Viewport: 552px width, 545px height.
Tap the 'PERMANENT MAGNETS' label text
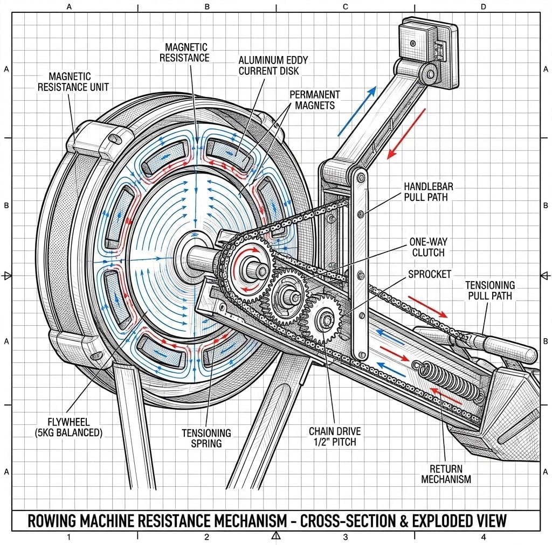pos(315,100)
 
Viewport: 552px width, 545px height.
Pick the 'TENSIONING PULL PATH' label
pos(490,290)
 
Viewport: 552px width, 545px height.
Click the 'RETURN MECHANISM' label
pos(446,474)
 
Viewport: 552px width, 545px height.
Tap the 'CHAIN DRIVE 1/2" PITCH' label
pos(335,436)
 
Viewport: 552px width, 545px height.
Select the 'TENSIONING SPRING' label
pos(206,438)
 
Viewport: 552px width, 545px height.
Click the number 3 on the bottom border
pos(345,537)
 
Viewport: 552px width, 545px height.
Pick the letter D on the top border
pos(483,7)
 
